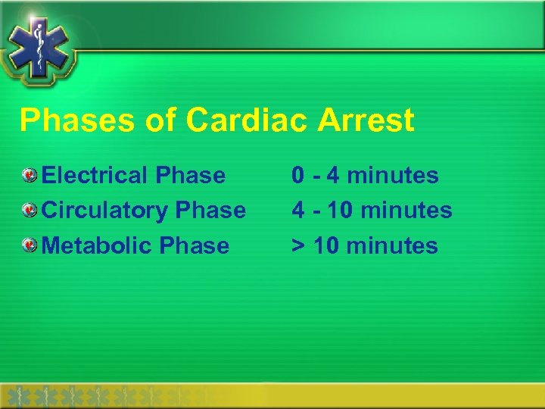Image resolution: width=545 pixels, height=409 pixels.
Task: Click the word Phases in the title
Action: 67,120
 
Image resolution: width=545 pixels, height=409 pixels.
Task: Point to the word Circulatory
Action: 106,210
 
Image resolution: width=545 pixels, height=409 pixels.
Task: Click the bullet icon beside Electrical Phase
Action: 29,176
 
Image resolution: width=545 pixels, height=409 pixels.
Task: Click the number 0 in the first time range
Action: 300,176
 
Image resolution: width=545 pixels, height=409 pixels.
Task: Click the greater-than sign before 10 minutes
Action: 300,246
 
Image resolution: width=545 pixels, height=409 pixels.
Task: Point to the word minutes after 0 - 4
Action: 393,176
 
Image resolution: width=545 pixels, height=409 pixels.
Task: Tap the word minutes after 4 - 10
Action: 406,210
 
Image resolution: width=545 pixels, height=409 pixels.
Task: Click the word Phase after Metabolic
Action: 197,245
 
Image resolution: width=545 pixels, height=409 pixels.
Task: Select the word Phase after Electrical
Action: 190,176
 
